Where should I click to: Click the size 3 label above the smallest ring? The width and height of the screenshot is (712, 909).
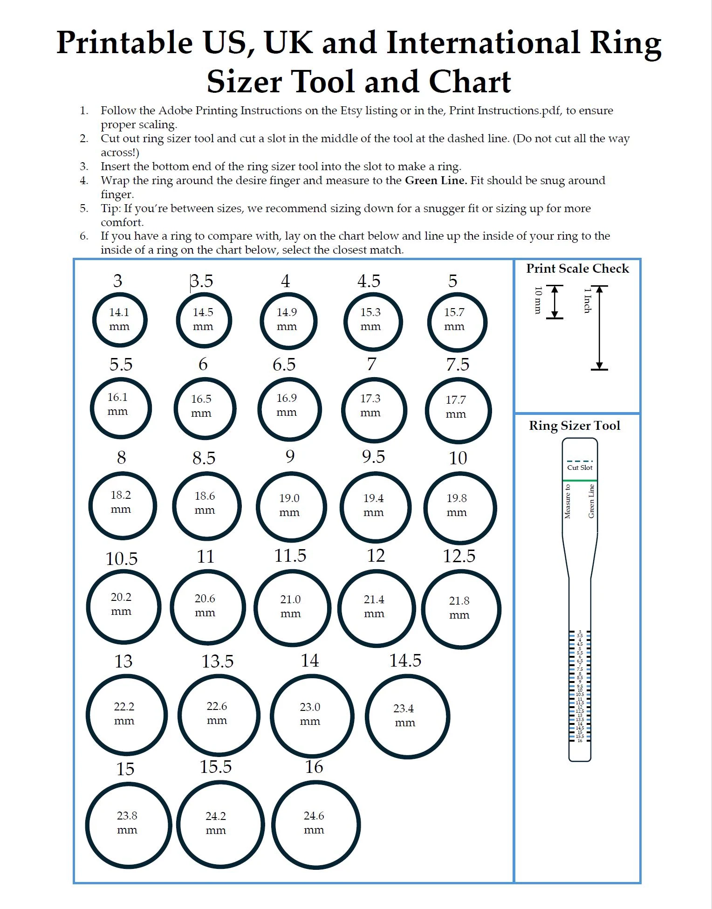pos(117,281)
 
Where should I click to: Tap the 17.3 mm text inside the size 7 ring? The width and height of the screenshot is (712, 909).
pos(370,405)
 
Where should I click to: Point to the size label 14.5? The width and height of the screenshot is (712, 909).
pos(405,661)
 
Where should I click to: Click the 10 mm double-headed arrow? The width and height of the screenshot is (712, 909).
pos(555,302)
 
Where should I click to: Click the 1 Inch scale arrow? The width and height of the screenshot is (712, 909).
pos(599,328)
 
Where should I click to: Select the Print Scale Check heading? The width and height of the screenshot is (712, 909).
pos(577,269)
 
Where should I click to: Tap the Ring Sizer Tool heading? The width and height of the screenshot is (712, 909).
pos(574,426)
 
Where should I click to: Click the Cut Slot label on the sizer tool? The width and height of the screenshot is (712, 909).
pos(580,468)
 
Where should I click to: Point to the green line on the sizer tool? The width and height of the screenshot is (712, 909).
pos(580,480)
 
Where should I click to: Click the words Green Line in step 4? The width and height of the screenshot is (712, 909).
pos(436,180)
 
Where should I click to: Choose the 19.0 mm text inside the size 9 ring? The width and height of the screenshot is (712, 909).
pos(289,505)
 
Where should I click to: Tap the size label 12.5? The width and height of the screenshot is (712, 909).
pos(459,556)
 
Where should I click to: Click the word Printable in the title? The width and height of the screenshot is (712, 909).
pos(124,43)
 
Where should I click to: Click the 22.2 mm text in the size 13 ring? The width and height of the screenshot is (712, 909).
pos(124,713)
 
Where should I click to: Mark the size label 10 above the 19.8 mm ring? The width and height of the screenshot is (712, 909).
pos(458,458)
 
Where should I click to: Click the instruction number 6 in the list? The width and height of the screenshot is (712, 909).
pos(84,236)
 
